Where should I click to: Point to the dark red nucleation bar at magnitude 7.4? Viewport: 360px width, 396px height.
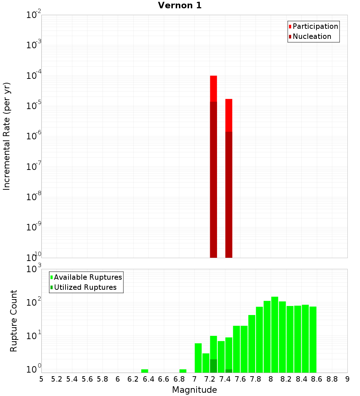coord(229,194)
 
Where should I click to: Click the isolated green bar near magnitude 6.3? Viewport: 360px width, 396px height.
coord(145,371)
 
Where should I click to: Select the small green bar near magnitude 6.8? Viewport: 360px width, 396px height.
coord(183,371)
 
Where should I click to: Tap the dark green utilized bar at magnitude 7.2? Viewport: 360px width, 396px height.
coord(213,366)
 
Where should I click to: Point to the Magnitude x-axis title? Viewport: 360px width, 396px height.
coord(194,390)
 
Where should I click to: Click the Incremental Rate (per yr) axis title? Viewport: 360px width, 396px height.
coord(7,136)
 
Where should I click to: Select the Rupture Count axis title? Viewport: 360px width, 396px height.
coord(14,321)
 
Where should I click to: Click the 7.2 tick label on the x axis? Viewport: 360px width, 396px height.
coord(210,379)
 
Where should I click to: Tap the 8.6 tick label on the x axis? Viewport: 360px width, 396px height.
coord(317,379)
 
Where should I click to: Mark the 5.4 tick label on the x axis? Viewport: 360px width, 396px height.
coord(72,379)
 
